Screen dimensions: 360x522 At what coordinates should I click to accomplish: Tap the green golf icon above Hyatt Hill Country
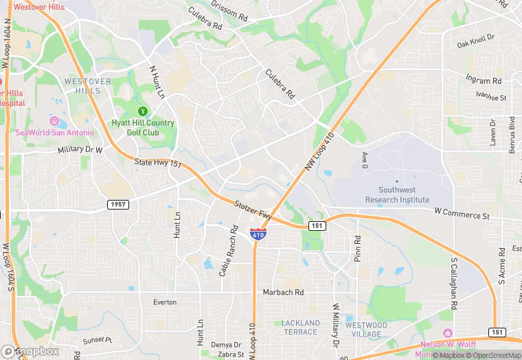click(x=143, y=111)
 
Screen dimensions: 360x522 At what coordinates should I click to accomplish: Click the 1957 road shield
click(x=117, y=205)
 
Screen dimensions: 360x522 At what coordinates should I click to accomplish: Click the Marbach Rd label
click(x=283, y=292)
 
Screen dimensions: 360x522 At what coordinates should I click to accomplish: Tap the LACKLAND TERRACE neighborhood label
click(x=300, y=327)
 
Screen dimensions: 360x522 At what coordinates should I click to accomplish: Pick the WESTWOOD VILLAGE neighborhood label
click(x=363, y=330)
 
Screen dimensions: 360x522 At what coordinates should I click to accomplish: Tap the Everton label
click(x=165, y=302)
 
